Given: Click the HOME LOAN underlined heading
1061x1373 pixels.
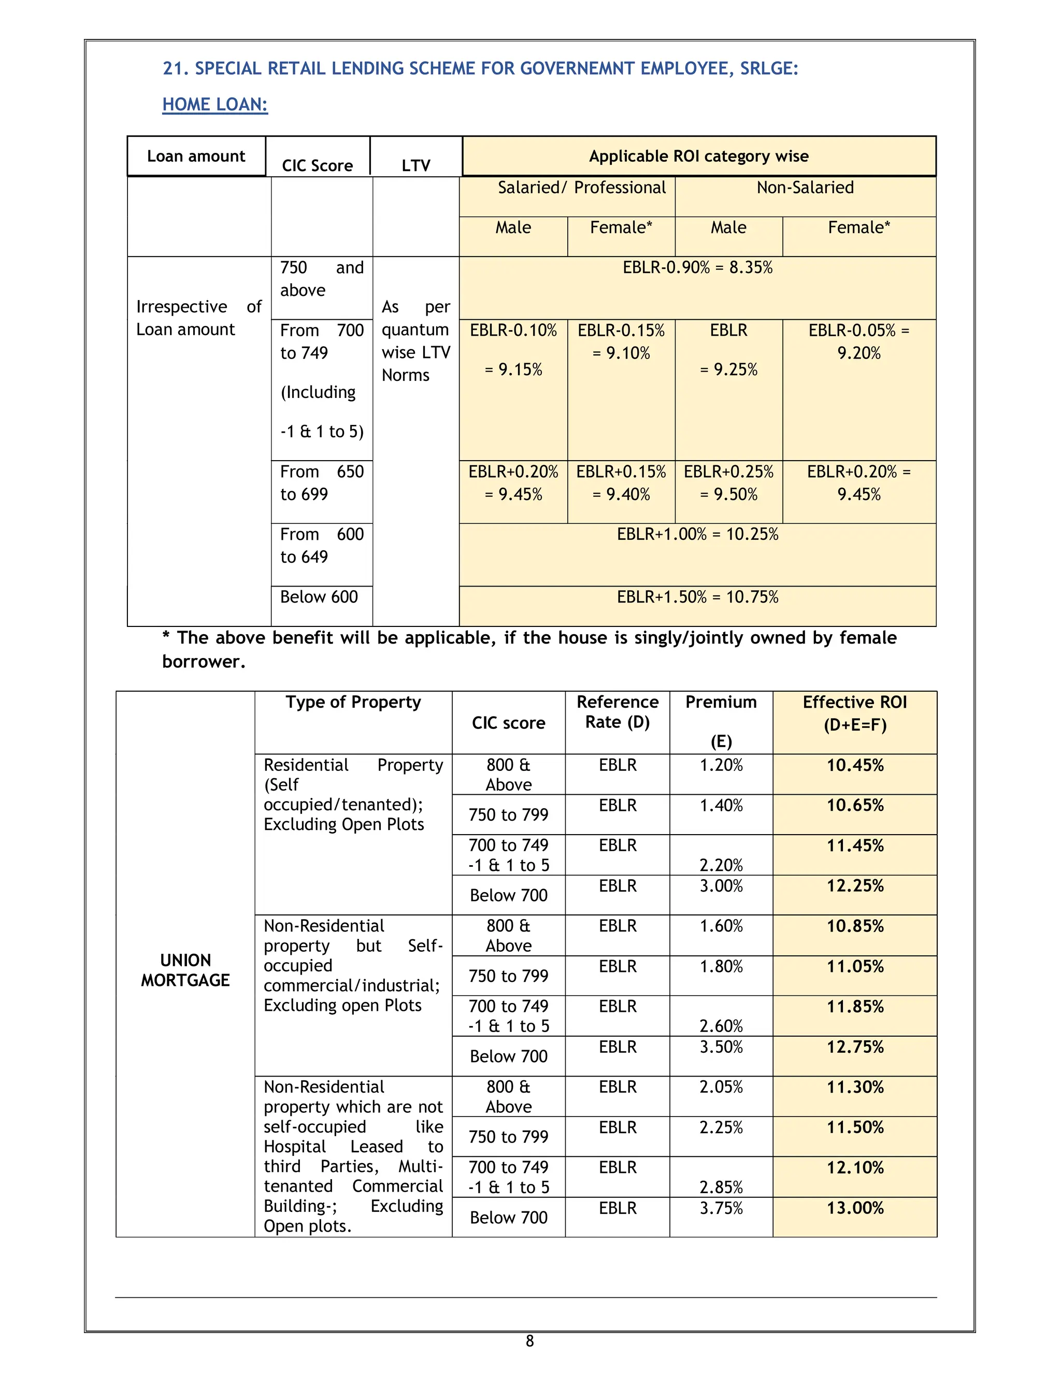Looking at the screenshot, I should pos(215,104).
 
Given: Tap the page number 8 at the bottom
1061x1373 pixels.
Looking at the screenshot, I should pos(529,1341).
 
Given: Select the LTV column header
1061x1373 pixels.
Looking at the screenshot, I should pos(415,165).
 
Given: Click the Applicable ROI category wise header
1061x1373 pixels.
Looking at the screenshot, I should pos(698,156).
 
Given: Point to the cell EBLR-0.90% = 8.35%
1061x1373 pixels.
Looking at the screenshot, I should pos(697,268).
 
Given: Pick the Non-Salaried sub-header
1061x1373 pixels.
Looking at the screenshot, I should pos(805,188).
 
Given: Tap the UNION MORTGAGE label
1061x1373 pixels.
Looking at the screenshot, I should pos(185,970).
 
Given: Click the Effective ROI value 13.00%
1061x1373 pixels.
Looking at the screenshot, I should pos(855,1208).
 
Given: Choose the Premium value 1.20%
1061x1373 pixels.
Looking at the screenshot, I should pos(721,765).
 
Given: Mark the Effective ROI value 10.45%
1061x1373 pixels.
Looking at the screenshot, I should pos(855,765).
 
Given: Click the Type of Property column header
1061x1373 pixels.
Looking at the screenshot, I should pos(353,702).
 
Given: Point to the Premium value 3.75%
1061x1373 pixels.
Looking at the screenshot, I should pos(721,1208).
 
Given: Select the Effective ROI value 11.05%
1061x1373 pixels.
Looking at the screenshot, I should pos(855,966).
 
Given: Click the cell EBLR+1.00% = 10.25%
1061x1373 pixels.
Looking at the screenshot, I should pos(697,534).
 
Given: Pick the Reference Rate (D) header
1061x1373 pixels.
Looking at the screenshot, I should pos(617,712).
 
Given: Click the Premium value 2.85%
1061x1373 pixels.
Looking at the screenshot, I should pos(721,1187).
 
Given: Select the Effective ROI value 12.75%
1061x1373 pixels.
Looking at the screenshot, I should pos(855,1047).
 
